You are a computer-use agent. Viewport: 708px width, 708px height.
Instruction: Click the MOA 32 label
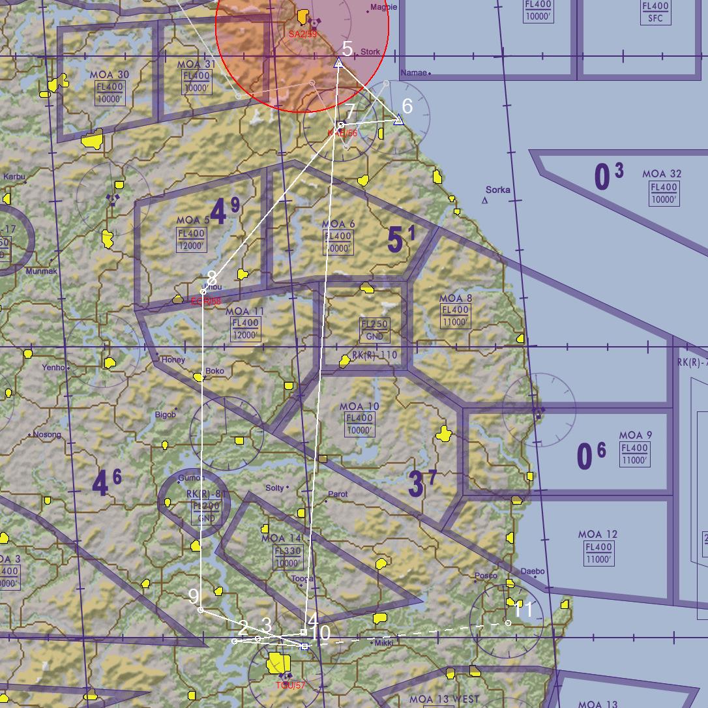[662, 174]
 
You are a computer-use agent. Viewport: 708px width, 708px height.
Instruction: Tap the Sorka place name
[498, 190]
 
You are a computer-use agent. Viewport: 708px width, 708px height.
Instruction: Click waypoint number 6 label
[407, 106]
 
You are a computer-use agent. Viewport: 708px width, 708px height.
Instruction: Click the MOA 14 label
[282, 538]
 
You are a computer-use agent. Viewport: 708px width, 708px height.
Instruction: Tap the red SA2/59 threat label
[302, 34]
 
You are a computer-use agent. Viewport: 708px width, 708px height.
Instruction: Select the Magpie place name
[383, 8]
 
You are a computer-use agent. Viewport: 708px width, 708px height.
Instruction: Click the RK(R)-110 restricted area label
[374, 355]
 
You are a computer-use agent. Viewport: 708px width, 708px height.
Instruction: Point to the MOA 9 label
[635, 435]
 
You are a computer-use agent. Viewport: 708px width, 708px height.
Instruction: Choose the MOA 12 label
[597, 535]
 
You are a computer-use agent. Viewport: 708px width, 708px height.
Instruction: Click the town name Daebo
[533, 571]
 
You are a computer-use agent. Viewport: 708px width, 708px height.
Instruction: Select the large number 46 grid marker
[106, 484]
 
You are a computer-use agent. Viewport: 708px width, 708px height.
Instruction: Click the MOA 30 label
[110, 75]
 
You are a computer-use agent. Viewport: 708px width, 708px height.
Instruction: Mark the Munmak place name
[41, 271]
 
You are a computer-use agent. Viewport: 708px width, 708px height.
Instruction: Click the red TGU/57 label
[290, 685]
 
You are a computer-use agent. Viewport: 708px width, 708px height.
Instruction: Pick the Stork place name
[370, 52]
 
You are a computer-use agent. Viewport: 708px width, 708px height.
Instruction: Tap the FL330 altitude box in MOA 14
[288, 551]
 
